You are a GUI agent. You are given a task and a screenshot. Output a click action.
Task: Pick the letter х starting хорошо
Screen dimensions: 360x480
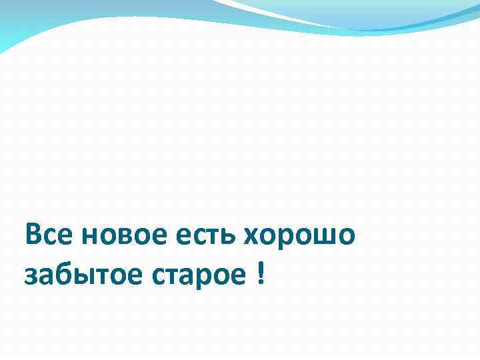(x=253, y=238)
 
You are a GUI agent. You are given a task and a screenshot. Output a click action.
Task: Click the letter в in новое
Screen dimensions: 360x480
(x=121, y=238)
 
